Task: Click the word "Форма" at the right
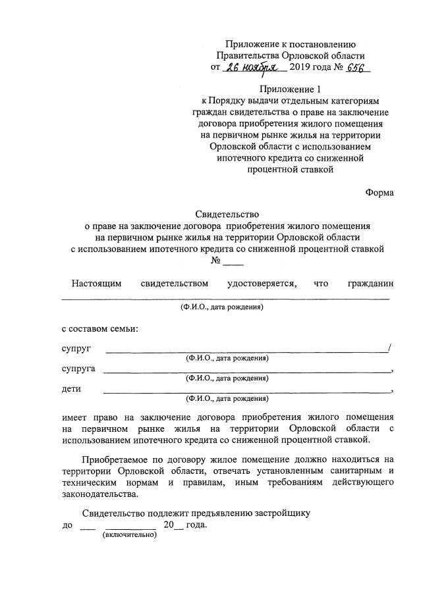[x=379, y=192]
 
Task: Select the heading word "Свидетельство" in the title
[x=227, y=214]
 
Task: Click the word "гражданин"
[x=370, y=284]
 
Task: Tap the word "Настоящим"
[x=97, y=284]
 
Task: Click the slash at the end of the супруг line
[x=391, y=348]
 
